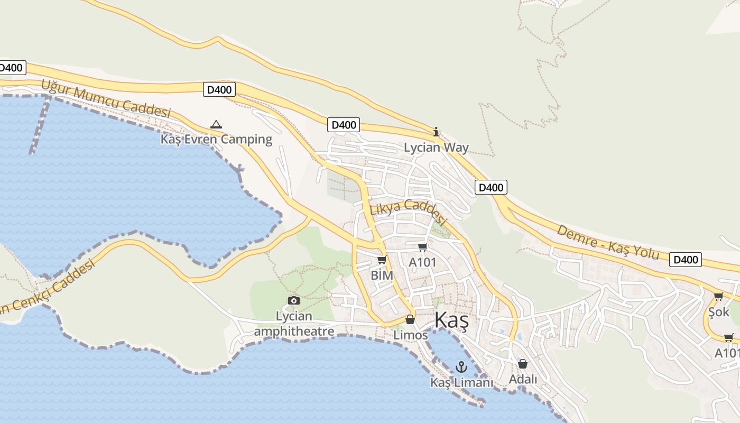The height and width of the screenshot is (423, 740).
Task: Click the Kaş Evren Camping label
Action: (x=216, y=140)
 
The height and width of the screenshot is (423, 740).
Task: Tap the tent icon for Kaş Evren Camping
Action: (x=216, y=125)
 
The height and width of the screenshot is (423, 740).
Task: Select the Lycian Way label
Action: (x=436, y=148)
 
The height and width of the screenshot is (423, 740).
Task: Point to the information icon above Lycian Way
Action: (x=436, y=132)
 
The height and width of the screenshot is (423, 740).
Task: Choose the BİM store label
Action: (x=382, y=275)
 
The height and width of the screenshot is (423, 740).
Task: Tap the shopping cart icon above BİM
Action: (x=382, y=260)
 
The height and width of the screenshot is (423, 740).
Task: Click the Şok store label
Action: (x=719, y=312)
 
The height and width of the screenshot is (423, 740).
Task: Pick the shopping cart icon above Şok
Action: (x=718, y=297)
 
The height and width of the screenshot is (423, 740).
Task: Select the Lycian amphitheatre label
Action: (x=294, y=324)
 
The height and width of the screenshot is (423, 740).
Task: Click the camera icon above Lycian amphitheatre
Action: (x=294, y=300)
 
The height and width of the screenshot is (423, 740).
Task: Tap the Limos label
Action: (x=411, y=335)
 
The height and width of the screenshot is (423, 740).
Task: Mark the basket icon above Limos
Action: (x=410, y=319)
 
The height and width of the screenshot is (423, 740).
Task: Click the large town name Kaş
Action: (x=451, y=321)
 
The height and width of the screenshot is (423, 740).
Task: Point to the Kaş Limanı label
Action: (x=461, y=382)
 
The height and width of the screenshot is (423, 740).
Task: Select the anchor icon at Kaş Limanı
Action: (x=462, y=366)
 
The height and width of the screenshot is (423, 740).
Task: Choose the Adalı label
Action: (x=523, y=379)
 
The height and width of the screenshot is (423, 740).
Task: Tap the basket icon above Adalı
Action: (x=523, y=364)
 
